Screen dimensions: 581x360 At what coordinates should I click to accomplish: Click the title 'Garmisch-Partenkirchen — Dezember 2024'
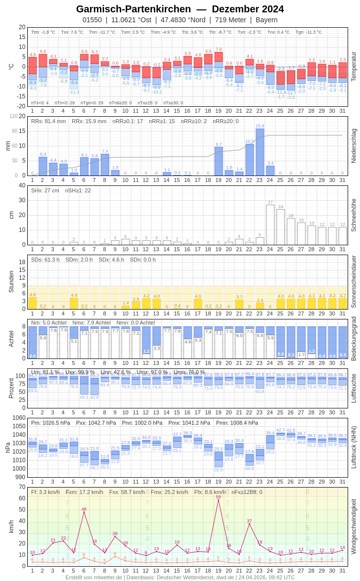[180, 9]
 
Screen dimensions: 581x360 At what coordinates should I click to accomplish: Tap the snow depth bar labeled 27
[270, 224]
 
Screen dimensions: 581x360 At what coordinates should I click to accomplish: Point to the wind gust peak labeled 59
[218, 500]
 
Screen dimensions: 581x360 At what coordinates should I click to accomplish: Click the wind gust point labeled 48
[84, 512]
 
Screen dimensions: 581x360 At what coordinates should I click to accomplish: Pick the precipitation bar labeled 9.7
[219, 161]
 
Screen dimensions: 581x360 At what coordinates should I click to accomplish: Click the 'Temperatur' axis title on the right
[354, 67]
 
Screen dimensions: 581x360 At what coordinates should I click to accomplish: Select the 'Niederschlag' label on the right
[354, 146]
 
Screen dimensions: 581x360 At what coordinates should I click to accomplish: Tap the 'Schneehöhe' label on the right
[354, 215]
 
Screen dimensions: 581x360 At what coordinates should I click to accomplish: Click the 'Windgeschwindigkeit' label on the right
[354, 526]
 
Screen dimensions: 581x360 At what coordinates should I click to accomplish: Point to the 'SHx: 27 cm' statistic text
[45, 190]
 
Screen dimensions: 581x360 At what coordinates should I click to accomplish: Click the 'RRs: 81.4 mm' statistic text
[48, 121]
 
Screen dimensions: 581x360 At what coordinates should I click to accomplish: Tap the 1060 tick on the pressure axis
[19, 418]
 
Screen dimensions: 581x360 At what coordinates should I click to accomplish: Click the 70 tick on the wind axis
[22, 487]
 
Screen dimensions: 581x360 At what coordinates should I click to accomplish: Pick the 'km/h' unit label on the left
[11, 526]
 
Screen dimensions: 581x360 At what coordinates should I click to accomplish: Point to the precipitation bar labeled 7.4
[105, 165]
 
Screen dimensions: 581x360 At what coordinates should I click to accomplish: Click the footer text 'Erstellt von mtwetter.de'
[94, 577]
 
